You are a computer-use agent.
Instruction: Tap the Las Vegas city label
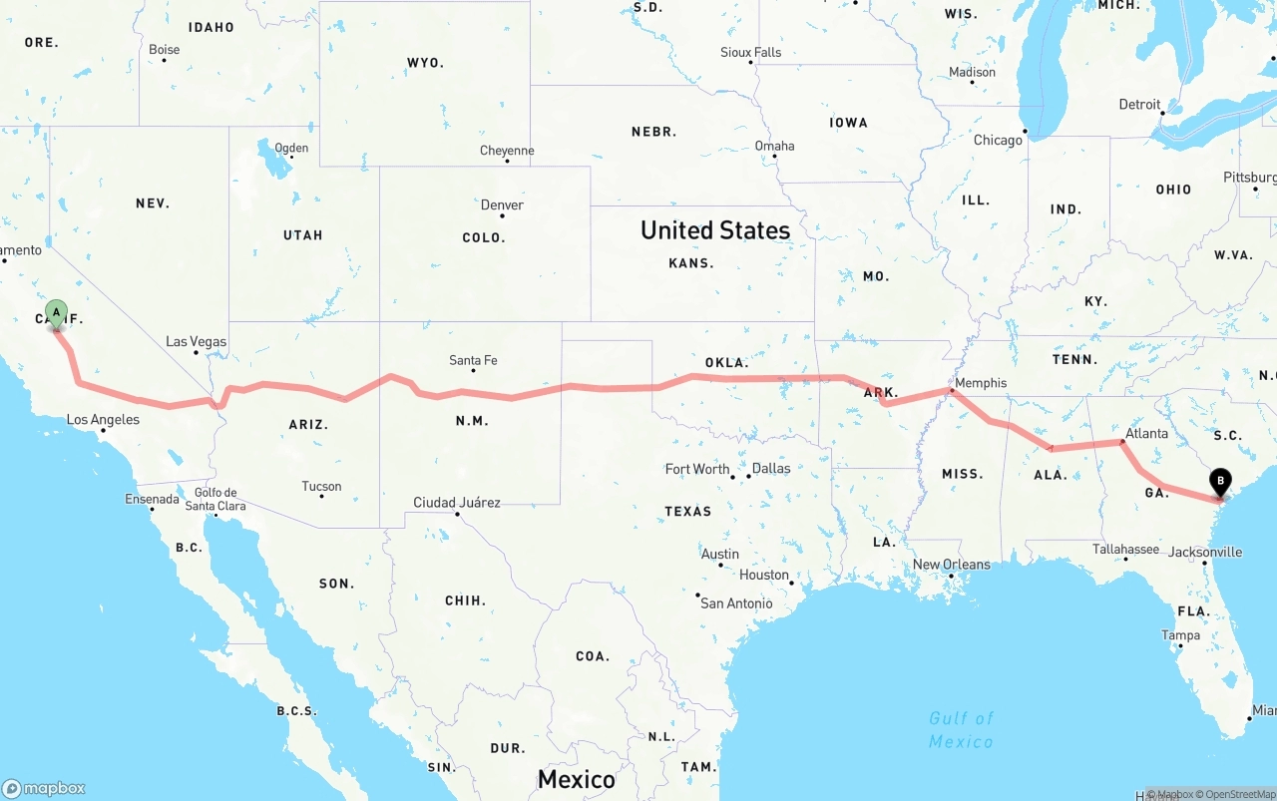[x=196, y=341]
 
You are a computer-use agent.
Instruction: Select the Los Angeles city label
[x=103, y=420]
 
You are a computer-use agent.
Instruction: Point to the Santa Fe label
[x=473, y=360]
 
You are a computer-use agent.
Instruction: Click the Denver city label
[x=502, y=204]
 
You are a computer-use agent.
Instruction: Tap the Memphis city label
[x=980, y=383]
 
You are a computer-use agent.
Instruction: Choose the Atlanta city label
[x=1146, y=434]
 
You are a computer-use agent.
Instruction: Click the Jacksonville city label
[x=1205, y=552]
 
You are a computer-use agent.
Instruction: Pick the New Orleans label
[x=952, y=565]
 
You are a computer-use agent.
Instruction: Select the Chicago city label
[x=998, y=141]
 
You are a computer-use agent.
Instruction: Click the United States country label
[x=715, y=230]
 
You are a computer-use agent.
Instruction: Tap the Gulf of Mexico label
[x=961, y=730]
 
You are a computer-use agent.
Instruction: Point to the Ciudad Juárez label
[x=457, y=503]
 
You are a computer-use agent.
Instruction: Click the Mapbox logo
[x=44, y=788]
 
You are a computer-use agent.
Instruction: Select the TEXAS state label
[x=688, y=512]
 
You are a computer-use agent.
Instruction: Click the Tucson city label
[x=321, y=487]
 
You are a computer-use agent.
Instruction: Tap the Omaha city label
[x=774, y=146]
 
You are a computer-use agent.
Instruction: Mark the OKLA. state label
[x=726, y=362]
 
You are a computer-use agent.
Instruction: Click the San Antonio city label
[x=736, y=603]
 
